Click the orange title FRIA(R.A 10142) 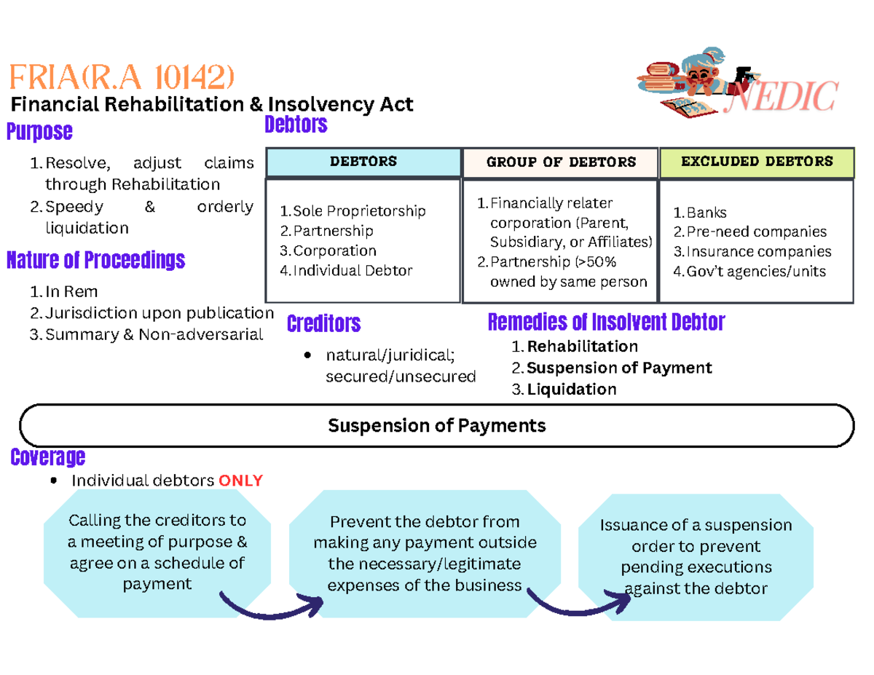(x=121, y=76)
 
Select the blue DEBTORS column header (x=363, y=162)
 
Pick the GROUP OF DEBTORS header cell (x=561, y=162)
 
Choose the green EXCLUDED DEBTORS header (x=757, y=162)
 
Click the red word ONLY (x=241, y=481)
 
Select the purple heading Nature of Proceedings (x=95, y=260)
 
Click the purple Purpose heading (x=39, y=132)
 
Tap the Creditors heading (x=323, y=323)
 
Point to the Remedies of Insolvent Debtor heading (x=606, y=322)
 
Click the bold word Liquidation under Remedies (x=571, y=390)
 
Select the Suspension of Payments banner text (x=437, y=425)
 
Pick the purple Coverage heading (x=47, y=457)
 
